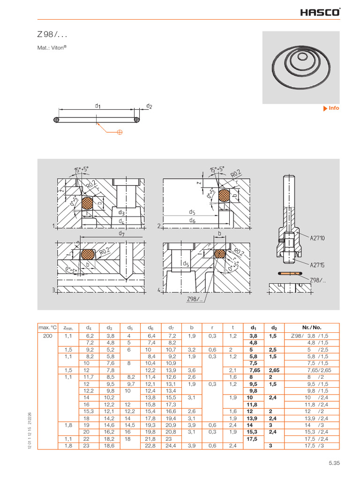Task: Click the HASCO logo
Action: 321,12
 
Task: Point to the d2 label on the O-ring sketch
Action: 149,106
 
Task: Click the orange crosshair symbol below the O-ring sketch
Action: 120,133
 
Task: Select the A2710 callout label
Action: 317,238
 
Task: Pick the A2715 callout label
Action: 317,264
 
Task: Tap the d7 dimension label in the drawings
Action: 122,233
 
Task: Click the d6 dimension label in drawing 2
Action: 193,220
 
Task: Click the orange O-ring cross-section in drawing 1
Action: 88,203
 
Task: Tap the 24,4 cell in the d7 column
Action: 171,445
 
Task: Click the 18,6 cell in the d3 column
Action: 109,445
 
